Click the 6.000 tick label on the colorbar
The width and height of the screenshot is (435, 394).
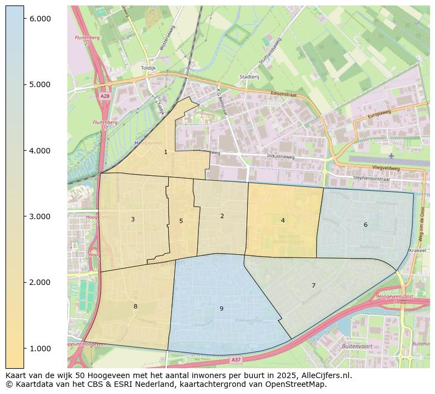pos(40,19)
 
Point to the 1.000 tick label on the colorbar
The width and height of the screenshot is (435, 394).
pos(40,349)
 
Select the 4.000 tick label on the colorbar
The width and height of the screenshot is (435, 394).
pos(40,151)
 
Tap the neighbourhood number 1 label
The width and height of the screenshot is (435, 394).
pos(165,152)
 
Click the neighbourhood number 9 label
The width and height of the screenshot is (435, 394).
pos(221,309)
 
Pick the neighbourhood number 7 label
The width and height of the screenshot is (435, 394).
pos(313,285)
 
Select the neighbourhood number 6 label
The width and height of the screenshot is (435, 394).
pos(365,225)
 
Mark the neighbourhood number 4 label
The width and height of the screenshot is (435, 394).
pos(283,220)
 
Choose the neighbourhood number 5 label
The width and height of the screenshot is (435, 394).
pos(181,221)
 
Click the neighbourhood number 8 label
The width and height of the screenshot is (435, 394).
pos(135,306)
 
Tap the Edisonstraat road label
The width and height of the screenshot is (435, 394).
pos(284,94)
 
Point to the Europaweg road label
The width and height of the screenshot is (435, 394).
pos(379,116)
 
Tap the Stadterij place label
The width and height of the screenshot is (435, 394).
pos(249,77)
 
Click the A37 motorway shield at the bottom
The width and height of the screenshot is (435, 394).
pos(236,359)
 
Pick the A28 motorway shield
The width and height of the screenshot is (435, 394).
pos(105,96)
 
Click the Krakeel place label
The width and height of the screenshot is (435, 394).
pos(417,250)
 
